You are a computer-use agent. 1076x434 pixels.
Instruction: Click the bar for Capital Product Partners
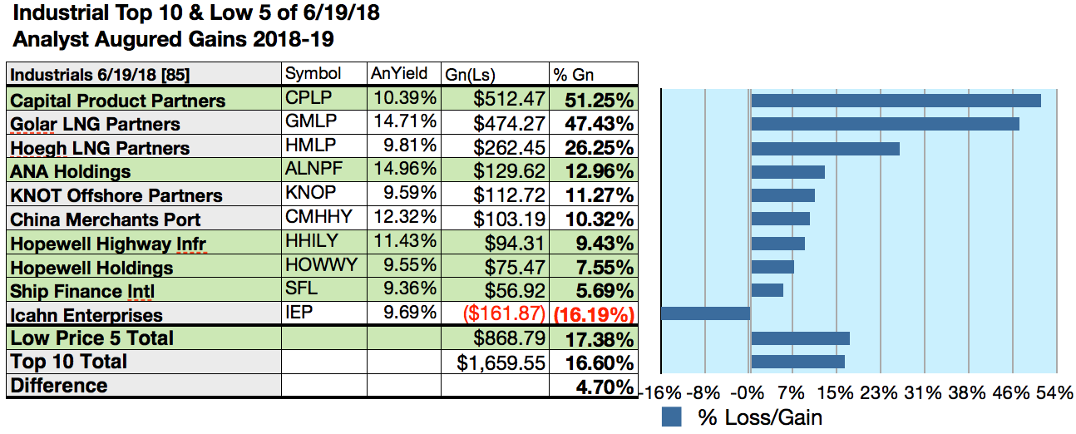click(x=896, y=101)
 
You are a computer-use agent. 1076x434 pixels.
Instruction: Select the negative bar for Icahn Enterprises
click(x=706, y=313)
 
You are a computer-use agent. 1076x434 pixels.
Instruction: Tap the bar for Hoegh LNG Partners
click(x=825, y=149)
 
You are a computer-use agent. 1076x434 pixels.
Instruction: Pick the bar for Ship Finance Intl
click(x=767, y=289)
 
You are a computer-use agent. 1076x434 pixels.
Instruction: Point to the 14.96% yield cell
click(x=404, y=171)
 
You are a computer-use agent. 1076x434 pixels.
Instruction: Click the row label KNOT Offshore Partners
click(x=116, y=196)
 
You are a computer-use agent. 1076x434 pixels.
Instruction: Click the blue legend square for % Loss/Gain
click(x=672, y=417)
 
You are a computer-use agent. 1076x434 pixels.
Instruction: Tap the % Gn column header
click(x=575, y=74)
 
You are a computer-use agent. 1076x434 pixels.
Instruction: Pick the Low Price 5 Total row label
click(x=92, y=338)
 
